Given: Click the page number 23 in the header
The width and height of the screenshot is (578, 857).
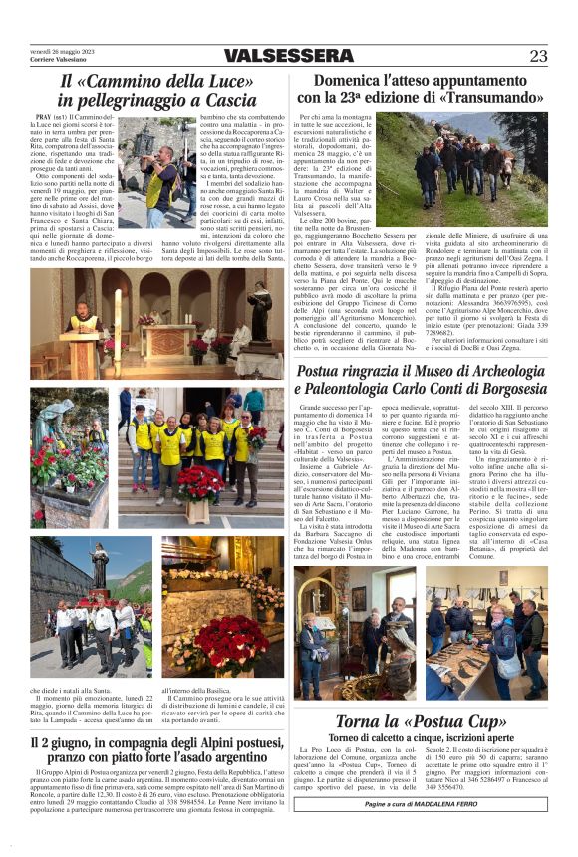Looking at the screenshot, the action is click(538, 55).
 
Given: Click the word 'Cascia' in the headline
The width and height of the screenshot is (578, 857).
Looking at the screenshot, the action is click(225, 100).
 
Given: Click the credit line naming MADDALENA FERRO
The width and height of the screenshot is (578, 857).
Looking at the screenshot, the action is click(422, 803).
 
